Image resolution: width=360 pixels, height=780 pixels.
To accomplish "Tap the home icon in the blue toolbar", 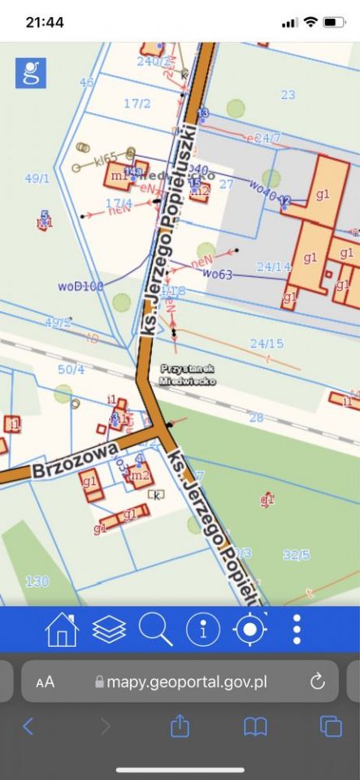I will tap(62, 630).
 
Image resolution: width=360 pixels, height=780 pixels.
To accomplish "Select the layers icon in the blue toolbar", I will tap(109, 630).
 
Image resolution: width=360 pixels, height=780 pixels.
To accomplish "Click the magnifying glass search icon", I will tap(155, 630).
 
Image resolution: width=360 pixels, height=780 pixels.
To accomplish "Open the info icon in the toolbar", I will tap(203, 630).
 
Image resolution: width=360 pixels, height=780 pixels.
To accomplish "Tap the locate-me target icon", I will tap(250, 630).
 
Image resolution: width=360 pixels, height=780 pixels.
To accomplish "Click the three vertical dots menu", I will tap(297, 630).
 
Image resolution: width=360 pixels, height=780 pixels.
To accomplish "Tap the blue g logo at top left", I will tap(31, 73).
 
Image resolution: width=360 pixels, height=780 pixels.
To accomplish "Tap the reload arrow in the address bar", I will tap(318, 681).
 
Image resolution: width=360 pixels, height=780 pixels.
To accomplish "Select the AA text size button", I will tap(46, 682).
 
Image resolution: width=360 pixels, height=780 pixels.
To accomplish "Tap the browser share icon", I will tap(180, 726).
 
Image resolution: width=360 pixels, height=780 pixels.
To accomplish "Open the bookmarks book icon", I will tap(256, 726).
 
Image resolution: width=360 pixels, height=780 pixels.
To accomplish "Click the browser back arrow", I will tap(28, 726).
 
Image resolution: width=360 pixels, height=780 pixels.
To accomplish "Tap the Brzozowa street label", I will tap(76, 459).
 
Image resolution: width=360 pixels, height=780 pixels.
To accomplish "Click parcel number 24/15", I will tap(267, 344).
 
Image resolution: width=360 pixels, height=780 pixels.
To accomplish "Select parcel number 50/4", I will tap(71, 370).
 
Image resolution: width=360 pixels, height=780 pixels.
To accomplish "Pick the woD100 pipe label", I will tap(80, 286).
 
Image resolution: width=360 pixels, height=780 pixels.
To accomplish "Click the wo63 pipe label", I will tap(217, 275).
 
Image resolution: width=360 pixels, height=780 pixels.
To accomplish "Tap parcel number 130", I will tap(37, 581).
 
